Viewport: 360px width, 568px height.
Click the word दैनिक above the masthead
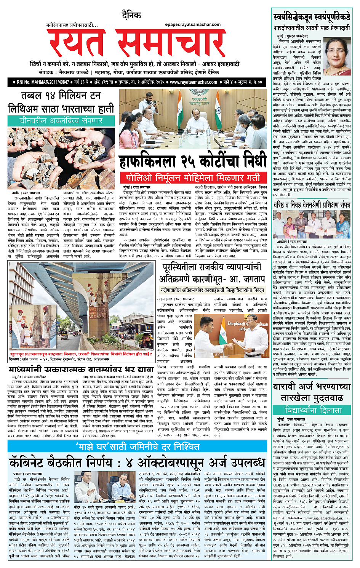click(x=131, y=16)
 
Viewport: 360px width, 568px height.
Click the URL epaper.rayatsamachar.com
click(x=193, y=24)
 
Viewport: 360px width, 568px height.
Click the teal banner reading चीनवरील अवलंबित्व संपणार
click(x=61, y=121)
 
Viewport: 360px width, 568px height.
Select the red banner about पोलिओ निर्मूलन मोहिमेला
click(x=193, y=178)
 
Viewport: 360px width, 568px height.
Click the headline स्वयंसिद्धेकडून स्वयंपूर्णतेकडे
click(x=312, y=17)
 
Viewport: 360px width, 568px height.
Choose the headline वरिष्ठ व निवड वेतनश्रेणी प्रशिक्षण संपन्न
click(x=312, y=205)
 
